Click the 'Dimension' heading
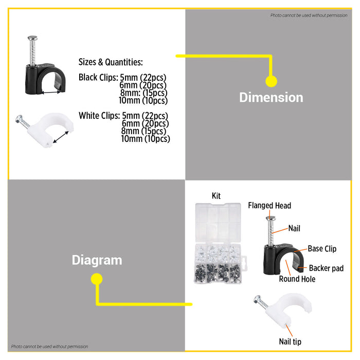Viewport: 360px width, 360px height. tap(271, 97)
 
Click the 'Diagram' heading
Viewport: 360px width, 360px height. tap(97, 260)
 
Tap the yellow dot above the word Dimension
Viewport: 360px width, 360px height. tap(271, 81)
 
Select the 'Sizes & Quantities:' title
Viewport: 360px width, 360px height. tap(111, 62)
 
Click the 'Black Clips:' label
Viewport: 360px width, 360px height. tap(98, 78)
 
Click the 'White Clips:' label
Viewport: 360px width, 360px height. tap(99, 116)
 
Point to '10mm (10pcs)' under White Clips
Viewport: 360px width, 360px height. tap(146, 138)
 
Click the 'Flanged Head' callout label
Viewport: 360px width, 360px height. tap(269, 206)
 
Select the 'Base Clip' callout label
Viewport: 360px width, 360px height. tap(322, 248)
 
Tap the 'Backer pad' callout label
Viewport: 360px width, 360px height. tap(326, 268)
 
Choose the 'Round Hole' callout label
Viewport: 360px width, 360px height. tap(297, 279)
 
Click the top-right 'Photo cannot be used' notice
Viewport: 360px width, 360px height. tap(309, 15)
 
